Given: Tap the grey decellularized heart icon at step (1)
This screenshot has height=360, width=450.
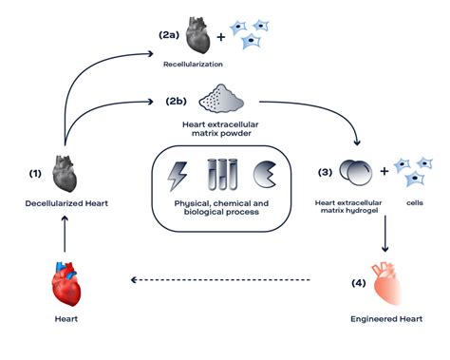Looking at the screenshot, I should coord(64,175).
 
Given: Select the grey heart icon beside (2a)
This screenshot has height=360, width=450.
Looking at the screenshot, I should coord(197,35).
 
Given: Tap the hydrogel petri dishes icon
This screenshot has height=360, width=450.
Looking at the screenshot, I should coord(356,173).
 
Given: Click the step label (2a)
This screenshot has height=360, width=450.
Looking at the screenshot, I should coord(170,34).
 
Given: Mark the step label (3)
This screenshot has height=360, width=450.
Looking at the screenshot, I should coord(324,173).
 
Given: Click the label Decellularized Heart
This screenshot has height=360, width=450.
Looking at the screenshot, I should coord(64,203).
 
